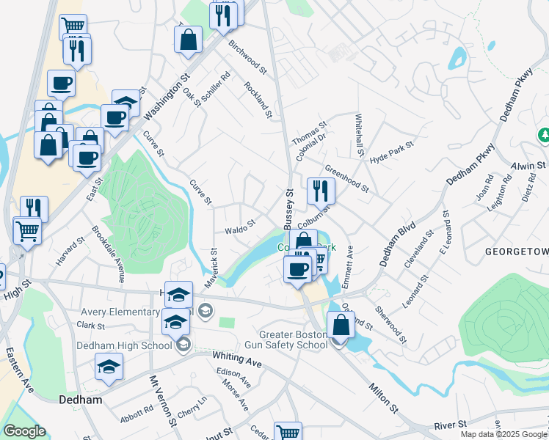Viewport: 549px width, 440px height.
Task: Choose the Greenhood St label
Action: tap(346, 179)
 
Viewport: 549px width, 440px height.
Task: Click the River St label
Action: tap(451, 425)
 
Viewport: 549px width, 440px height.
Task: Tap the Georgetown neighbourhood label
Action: tap(517, 252)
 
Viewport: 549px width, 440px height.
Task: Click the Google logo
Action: tap(24, 431)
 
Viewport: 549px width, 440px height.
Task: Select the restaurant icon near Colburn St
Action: tap(321, 191)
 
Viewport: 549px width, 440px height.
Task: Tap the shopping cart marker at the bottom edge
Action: tap(288, 433)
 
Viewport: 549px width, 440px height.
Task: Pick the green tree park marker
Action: tap(544, 135)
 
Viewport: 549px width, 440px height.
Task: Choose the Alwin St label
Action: tap(530, 167)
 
